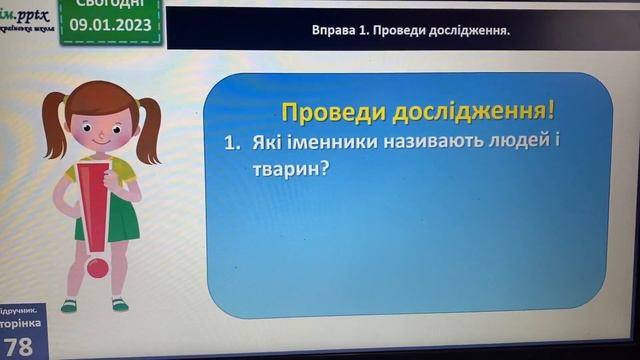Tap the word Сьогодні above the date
[x=112, y=6]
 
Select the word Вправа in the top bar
[x=335, y=31]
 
